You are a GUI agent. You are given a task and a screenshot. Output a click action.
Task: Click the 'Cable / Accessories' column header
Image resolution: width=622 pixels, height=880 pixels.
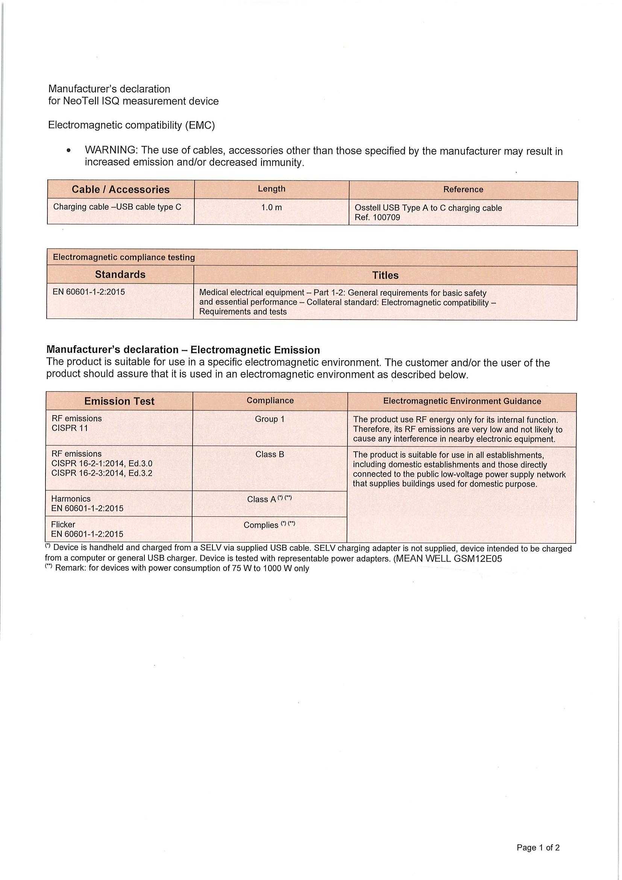121,190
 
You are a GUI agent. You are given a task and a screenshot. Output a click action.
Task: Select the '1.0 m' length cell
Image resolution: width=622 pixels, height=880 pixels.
272,208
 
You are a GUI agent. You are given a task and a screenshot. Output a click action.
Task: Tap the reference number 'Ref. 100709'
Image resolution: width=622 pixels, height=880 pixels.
377,218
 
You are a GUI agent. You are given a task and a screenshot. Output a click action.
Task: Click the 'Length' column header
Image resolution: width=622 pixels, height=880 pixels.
272,189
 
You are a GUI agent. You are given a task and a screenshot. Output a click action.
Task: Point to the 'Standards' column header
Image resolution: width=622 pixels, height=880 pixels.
120,275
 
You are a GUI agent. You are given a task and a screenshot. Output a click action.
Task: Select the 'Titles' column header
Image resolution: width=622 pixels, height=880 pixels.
385,276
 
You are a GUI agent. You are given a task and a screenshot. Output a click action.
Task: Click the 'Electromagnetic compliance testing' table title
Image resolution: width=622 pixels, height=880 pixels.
124,258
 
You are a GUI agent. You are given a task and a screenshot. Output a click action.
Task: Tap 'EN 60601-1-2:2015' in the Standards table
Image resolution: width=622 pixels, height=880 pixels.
88,292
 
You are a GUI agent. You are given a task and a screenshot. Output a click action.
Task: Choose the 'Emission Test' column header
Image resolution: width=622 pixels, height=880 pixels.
119,401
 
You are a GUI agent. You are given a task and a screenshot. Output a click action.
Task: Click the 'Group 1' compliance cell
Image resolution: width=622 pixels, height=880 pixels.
270,419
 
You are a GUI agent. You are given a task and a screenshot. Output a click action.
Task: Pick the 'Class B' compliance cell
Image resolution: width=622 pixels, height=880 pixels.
270,455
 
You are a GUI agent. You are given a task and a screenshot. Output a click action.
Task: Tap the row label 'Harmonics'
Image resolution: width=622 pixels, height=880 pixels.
71,499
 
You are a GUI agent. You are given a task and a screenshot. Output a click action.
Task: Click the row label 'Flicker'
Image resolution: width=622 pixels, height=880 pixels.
63,525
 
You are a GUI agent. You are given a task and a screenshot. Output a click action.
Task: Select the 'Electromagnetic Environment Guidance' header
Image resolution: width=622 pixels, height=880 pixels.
462,401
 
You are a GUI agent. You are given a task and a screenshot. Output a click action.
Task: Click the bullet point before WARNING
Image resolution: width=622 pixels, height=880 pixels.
68,152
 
